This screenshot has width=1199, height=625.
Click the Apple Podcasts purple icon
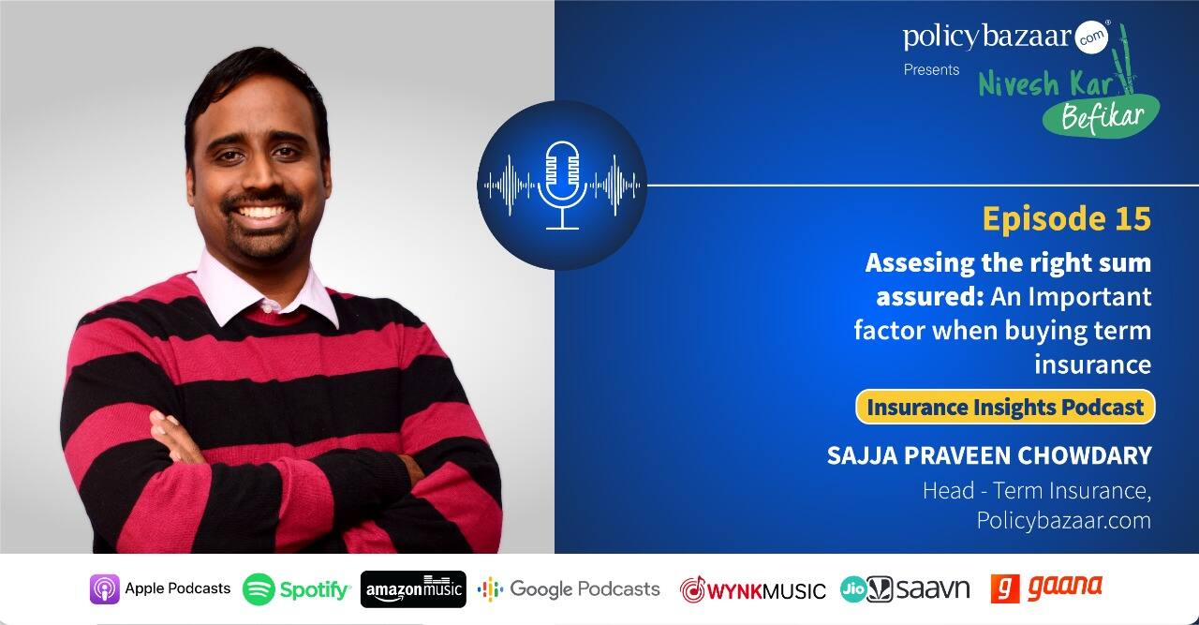click(104, 589)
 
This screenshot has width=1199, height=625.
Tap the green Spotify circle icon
click(259, 589)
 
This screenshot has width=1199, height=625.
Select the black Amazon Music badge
click(413, 589)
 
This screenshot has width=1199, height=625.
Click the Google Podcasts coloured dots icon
click(490, 589)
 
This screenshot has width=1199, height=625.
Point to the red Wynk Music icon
click(692, 589)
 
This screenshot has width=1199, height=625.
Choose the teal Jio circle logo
click(853, 589)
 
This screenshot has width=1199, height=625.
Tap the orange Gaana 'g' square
click(1005, 589)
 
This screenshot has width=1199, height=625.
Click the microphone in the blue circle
click(562, 185)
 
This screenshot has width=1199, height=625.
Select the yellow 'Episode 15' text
click(1066, 218)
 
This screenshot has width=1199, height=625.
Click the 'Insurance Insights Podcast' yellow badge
click(1005, 407)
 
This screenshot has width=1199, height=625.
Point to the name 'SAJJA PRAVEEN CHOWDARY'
click(989, 455)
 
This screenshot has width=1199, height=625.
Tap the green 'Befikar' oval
click(1101, 115)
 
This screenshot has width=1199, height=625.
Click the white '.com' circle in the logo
click(1091, 37)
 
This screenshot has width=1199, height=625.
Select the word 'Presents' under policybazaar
click(931, 69)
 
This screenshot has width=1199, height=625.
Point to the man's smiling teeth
click(261, 212)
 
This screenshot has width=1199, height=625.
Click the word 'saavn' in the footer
click(933, 589)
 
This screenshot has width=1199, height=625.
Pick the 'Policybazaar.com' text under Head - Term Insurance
click(1063, 521)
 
